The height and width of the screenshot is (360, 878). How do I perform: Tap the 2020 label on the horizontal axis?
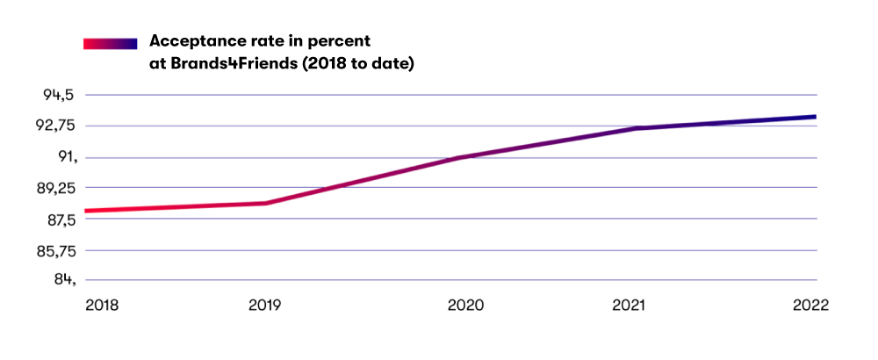[x=466, y=306]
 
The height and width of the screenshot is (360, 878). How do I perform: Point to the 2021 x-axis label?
[x=629, y=306]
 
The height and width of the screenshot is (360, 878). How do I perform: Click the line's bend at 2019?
[x=266, y=203]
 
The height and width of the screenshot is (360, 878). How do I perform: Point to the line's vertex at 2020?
[x=461, y=157]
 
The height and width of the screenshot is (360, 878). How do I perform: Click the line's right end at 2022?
[x=816, y=117]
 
